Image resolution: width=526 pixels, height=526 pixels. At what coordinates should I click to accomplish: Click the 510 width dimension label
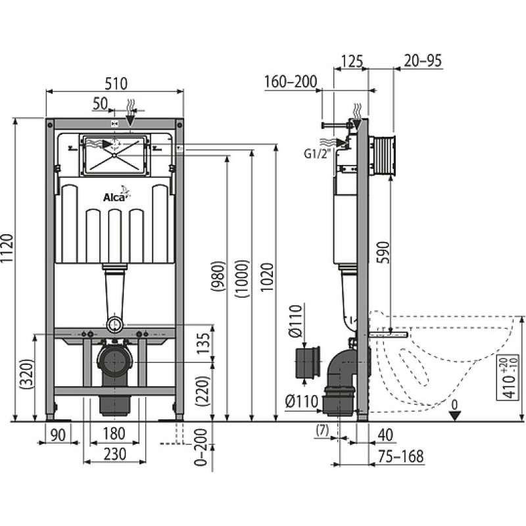[x=116, y=84]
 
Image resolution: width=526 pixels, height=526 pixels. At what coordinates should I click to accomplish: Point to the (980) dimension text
[x=218, y=276]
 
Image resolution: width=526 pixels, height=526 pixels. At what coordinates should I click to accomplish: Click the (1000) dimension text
[x=242, y=279]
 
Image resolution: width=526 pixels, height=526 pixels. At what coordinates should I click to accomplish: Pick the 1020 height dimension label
[x=268, y=277]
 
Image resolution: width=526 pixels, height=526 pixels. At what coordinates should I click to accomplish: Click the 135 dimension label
[x=203, y=343]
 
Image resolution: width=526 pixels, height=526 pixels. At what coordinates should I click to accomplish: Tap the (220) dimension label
[x=203, y=391]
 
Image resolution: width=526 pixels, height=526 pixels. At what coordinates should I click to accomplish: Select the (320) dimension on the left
[x=26, y=374]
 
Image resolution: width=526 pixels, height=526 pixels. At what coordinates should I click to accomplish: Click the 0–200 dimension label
[x=201, y=447]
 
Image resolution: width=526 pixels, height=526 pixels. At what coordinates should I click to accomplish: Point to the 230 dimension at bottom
[x=115, y=454]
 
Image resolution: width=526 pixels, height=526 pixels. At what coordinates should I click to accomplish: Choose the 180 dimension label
[x=114, y=433]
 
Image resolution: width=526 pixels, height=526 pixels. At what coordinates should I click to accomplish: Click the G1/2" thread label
[x=317, y=154]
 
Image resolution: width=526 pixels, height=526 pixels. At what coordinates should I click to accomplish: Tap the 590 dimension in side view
[x=383, y=252]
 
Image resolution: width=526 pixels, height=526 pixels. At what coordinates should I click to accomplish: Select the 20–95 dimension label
[x=423, y=60]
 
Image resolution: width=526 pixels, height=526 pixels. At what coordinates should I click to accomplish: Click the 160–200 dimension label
[x=291, y=82]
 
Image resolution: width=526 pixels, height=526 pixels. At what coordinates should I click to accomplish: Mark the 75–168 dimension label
[x=401, y=456]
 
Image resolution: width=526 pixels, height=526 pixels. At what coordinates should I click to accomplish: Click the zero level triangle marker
[x=454, y=416]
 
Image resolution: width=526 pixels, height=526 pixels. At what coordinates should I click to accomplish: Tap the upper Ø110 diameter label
[x=296, y=321]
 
